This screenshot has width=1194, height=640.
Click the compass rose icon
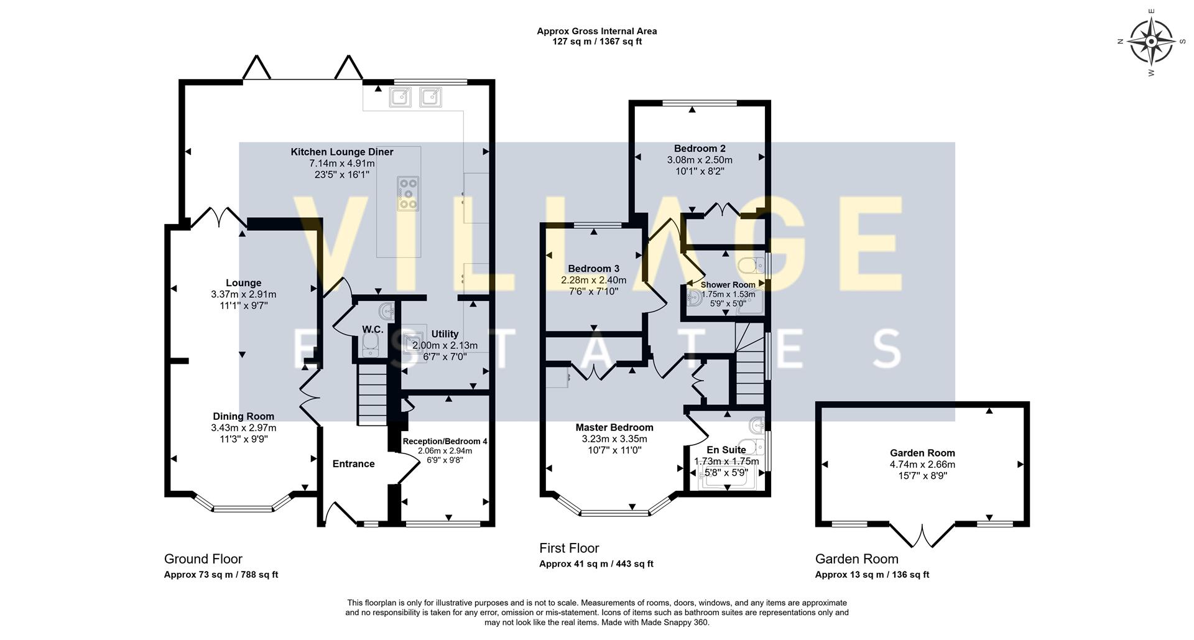pyautogui.click(x=1151, y=42)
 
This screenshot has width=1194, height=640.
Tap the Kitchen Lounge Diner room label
pyautogui.click(x=342, y=152)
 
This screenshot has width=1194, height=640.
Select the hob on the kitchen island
pyautogui.click(x=408, y=193)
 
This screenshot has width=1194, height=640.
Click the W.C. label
pyautogui.click(x=373, y=328)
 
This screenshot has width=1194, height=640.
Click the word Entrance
pyautogui.click(x=353, y=464)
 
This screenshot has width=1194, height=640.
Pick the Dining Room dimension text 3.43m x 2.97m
pyautogui.click(x=243, y=428)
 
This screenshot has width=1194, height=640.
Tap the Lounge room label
pyautogui.click(x=243, y=283)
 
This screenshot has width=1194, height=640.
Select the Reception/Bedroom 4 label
pyautogui.click(x=445, y=442)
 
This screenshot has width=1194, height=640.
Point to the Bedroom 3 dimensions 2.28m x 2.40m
pyautogui.click(x=594, y=280)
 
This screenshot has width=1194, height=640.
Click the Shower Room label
pyautogui.click(x=728, y=285)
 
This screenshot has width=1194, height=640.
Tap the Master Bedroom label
pyautogui.click(x=614, y=427)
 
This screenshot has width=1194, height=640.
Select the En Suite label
pyautogui.click(x=726, y=450)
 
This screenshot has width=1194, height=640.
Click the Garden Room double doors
pyautogui.click(x=922, y=536)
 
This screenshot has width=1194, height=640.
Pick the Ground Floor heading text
pyautogui.click(x=203, y=559)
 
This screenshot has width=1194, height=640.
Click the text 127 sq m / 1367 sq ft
pyautogui.click(x=597, y=42)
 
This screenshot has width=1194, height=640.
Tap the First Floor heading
pyautogui.click(x=569, y=548)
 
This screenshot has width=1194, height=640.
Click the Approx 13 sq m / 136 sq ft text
pyautogui.click(x=872, y=575)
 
